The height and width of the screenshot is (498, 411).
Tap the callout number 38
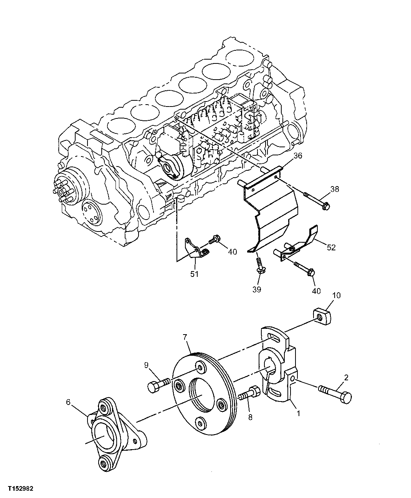335,189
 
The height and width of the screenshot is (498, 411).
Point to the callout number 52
331,248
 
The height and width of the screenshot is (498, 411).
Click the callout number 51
195,274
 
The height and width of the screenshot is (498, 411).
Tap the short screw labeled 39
259,267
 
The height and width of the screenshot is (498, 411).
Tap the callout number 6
68,402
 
